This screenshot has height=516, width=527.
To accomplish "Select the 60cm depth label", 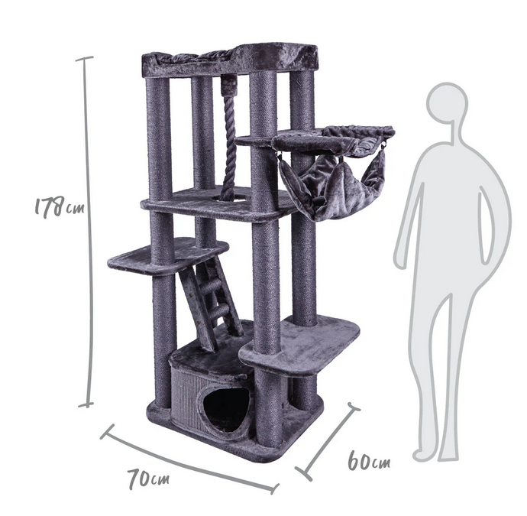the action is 369,461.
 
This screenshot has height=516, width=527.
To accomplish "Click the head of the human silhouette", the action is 447,103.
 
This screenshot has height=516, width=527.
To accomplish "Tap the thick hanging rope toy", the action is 229,144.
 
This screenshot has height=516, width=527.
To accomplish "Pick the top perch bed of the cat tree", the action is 230,61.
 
